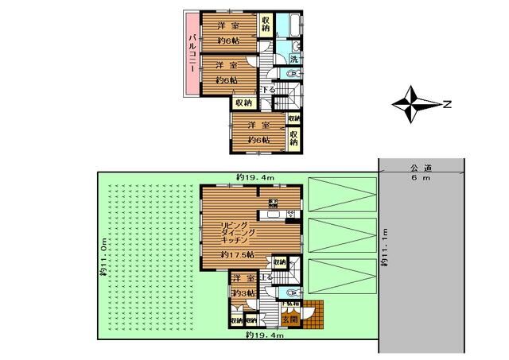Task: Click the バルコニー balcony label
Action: (192, 53)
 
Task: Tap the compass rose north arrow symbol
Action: (413, 104)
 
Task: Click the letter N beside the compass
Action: (447, 103)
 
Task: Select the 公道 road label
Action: (420, 168)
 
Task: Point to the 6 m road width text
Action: (420, 178)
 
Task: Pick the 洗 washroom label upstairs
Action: (293, 59)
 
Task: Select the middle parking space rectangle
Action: (340, 234)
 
